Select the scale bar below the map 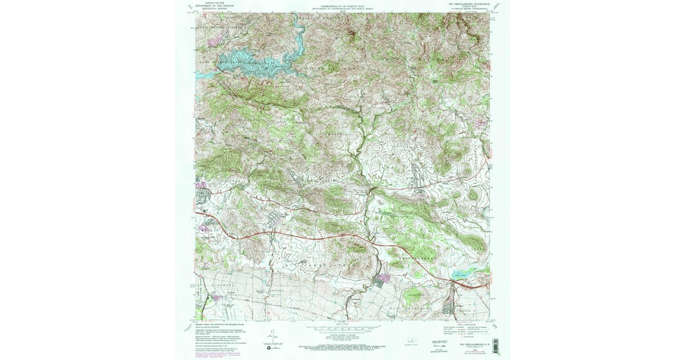click(x=342, y=329)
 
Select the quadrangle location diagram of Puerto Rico click(x=409, y=338)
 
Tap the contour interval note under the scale click(x=342, y=336)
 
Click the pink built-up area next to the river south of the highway click(x=381, y=278)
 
